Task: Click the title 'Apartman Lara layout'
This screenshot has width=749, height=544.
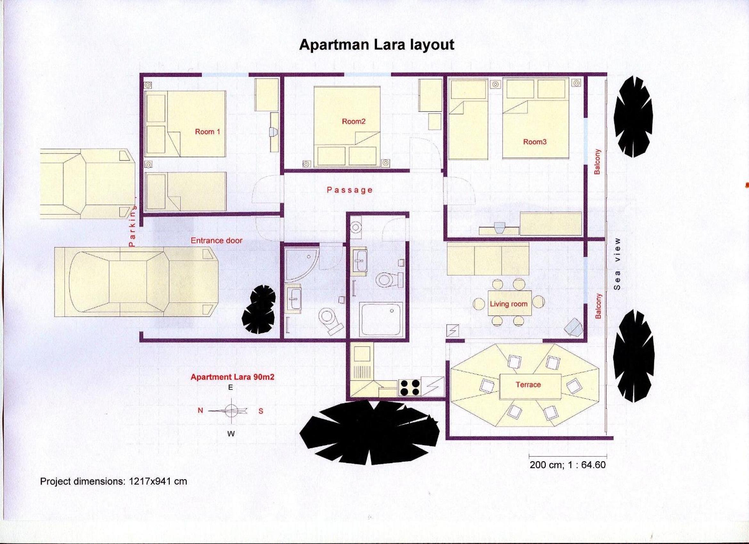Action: coord(377,45)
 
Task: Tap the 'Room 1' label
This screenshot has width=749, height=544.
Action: coord(208,132)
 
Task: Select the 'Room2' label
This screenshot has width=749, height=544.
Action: coord(354,122)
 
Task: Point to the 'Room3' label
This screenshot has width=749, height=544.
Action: coord(535,142)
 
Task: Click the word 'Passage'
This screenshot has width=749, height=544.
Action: coord(350,190)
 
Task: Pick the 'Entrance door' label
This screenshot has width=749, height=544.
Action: coord(216,241)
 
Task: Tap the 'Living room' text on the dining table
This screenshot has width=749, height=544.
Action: coord(509,304)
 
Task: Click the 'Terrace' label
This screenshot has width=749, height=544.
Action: coord(528,385)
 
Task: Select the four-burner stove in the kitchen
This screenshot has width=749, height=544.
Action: coord(410,388)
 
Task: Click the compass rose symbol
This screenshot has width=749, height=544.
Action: coord(232,411)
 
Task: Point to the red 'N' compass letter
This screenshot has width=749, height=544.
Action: coord(200,410)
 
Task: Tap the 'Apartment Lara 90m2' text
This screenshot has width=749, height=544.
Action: coord(232,377)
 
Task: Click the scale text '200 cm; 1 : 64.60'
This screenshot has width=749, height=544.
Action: coord(568,465)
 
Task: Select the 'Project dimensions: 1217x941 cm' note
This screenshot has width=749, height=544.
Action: coord(113,481)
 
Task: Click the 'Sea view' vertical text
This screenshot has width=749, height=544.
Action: coord(617,264)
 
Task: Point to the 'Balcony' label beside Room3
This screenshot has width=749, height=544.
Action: coord(597,162)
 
